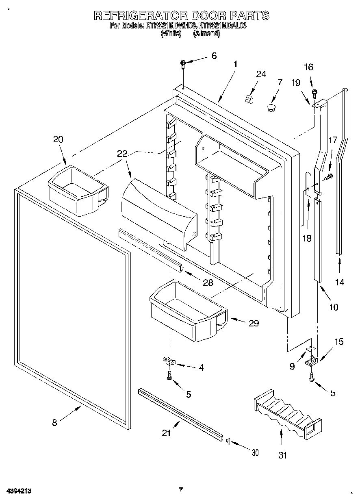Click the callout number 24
click(261, 74)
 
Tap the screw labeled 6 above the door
click(183, 63)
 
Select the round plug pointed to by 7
click(271, 107)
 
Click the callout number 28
click(208, 283)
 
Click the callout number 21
click(166, 433)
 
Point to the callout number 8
click(54, 422)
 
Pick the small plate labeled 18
click(309, 185)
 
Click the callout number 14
click(340, 282)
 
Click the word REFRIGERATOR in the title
click(141, 16)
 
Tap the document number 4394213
click(19, 491)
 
